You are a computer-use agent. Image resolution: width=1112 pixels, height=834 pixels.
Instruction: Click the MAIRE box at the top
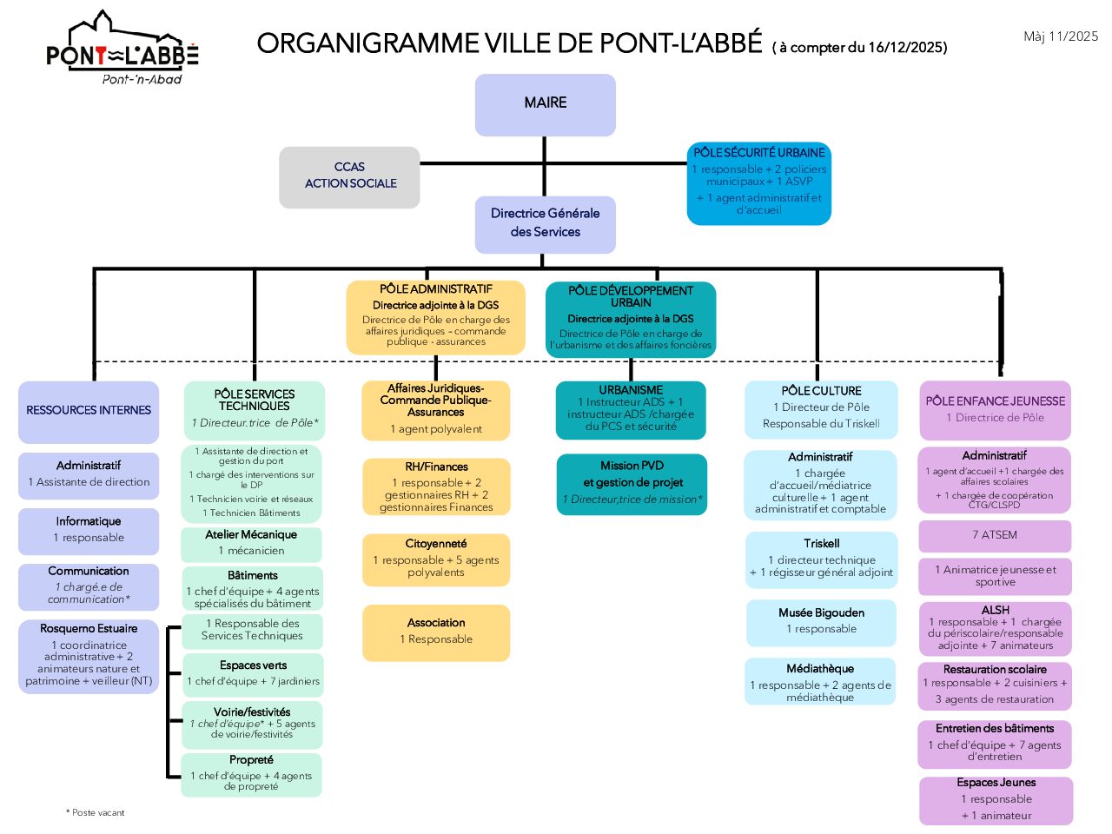(x=545, y=104)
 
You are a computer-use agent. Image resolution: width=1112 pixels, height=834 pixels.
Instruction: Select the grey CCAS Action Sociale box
(x=349, y=176)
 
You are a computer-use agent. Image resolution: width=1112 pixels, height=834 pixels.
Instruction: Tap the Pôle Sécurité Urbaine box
(x=758, y=183)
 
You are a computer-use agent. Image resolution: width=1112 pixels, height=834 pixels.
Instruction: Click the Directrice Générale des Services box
(x=545, y=224)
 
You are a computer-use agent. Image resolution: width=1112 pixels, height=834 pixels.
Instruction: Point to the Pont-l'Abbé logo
(x=122, y=50)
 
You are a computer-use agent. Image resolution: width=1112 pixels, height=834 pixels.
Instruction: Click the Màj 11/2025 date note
(x=1060, y=36)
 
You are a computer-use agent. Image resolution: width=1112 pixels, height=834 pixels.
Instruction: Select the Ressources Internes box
(x=89, y=412)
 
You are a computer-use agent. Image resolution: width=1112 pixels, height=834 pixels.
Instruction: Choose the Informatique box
(x=89, y=531)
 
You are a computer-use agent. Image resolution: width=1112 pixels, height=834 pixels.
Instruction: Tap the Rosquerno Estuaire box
(x=89, y=656)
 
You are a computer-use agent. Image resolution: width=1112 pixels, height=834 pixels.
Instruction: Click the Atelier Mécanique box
(x=251, y=544)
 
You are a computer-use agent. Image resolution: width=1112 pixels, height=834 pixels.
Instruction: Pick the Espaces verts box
(x=253, y=674)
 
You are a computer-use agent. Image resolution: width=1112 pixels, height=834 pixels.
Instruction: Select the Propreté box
(x=251, y=774)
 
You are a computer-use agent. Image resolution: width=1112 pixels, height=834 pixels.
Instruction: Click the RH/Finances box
(x=436, y=487)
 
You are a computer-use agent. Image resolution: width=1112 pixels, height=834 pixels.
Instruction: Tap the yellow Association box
(x=436, y=632)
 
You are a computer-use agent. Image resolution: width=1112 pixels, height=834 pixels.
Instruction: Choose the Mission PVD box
(x=632, y=484)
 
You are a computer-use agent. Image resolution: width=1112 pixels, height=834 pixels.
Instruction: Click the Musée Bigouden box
(x=821, y=622)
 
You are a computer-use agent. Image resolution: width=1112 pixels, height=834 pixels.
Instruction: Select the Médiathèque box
(x=820, y=682)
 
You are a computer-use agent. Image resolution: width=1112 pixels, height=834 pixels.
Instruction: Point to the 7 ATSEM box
(x=995, y=536)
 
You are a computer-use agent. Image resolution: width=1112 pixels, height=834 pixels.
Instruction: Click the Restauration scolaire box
(x=995, y=685)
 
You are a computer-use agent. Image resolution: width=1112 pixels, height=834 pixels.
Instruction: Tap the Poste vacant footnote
(x=96, y=813)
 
